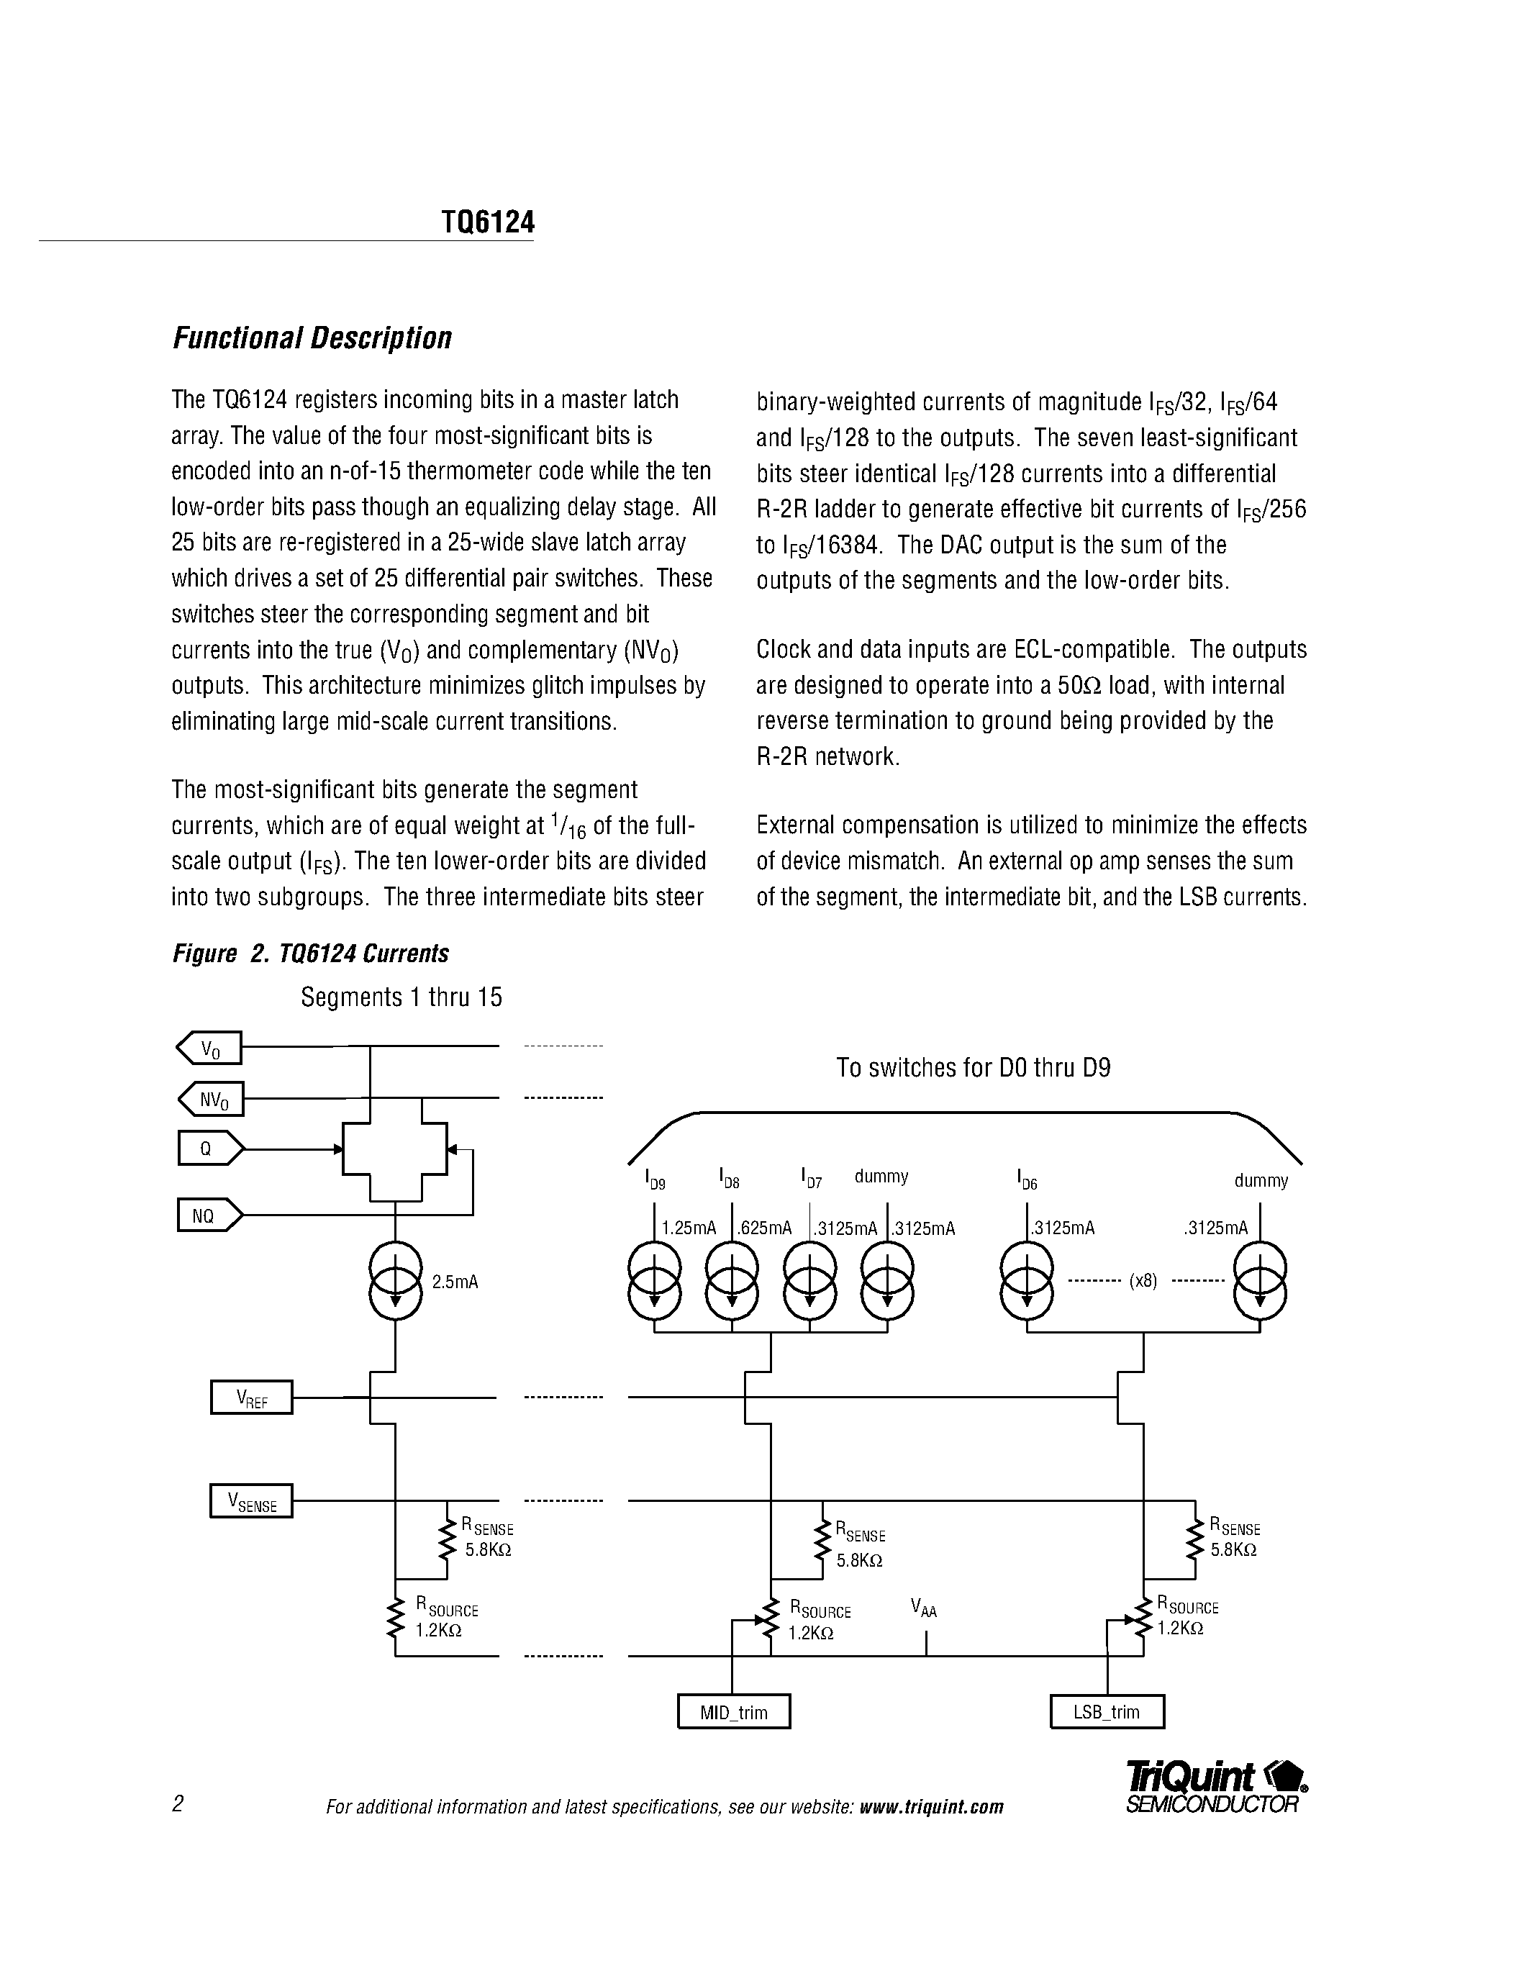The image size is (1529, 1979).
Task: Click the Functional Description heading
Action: (x=312, y=338)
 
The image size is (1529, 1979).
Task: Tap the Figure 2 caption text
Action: (x=311, y=954)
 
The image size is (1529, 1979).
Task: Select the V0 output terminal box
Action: (x=209, y=1049)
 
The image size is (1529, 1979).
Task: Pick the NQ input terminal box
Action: (x=209, y=1215)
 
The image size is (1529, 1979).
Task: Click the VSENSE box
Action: (x=251, y=1501)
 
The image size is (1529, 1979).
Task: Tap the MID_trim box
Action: (x=734, y=1712)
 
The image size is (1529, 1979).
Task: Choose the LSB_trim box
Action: (x=1106, y=1712)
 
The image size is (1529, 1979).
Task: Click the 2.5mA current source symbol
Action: (x=396, y=1280)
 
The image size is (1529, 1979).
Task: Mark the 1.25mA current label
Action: (x=689, y=1228)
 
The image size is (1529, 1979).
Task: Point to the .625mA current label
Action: (x=764, y=1228)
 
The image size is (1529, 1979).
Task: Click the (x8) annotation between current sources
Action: (x=1143, y=1281)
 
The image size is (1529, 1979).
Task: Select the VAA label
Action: (x=924, y=1609)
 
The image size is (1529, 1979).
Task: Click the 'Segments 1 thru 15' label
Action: (x=401, y=997)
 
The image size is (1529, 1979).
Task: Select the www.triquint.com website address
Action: (x=931, y=1807)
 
